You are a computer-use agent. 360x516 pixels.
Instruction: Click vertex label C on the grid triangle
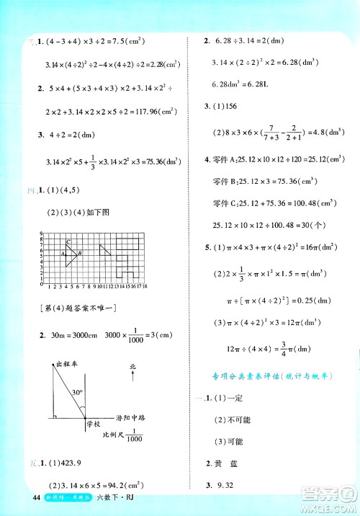click(x=68, y=243)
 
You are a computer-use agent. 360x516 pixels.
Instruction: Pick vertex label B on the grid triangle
click(x=79, y=254)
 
